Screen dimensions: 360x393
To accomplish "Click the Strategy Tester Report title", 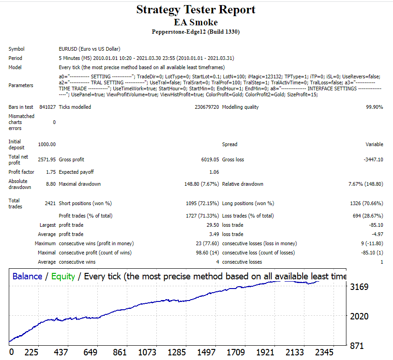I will coord(196,10).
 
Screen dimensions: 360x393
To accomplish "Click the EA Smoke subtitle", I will coord(196,22).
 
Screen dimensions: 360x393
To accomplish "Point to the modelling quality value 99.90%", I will coord(374,107).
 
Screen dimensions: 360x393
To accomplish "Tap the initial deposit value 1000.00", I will coord(47,144).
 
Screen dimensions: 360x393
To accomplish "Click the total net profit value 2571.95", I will coord(47,159).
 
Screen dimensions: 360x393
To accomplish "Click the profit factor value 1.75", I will coord(51,172).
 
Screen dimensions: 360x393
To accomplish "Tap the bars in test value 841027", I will coord(48,107).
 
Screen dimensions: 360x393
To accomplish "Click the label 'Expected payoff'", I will coord(76,172).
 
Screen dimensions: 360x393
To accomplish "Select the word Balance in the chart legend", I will coord(27,277).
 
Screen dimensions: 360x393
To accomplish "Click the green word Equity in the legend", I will coord(63,277).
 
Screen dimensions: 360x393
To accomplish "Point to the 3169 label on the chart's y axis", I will coord(359,287).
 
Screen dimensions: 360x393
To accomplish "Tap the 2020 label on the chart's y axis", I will coord(359,316).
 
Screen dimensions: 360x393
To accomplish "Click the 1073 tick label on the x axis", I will coord(148,353).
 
